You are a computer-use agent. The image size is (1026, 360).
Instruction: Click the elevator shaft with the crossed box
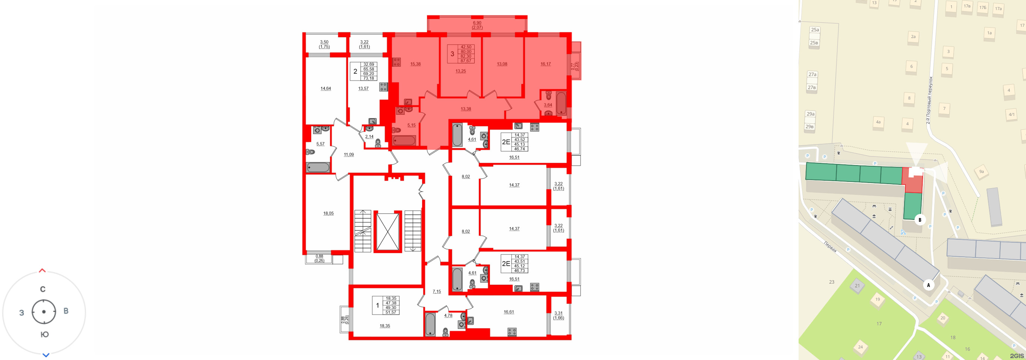click(x=387, y=232)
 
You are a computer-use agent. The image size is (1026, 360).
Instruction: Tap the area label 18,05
click(x=328, y=214)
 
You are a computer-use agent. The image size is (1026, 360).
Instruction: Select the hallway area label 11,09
click(x=349, y=155)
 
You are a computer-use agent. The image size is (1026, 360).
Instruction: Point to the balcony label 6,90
click(x=477, y=23)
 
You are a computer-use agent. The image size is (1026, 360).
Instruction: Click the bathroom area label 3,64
click(x=548, y=105)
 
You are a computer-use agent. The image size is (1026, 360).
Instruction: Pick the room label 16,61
click(x=509, y=312)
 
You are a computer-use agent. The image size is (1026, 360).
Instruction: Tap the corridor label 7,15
click(x=437, y=291)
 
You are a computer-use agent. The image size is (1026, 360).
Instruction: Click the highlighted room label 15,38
click(x=415, y=64)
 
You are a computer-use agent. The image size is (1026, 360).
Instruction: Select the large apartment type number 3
click(x=452, y=54)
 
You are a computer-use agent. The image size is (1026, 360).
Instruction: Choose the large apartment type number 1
click(x=378, y=306)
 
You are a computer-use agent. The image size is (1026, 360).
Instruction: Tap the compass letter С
click(x=43, y=290)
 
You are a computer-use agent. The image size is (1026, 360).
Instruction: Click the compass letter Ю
click(x=45, y=335)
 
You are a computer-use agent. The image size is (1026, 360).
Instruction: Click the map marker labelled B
click(x=920, y=220)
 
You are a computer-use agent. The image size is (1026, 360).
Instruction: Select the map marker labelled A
click(x=928, y=285)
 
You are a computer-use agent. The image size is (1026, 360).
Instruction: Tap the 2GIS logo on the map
click(x=1016, y=356)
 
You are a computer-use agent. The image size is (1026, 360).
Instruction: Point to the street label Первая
click(x=830, y=247)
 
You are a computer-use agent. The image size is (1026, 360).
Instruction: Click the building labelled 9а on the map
click(x=981, y=172)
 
